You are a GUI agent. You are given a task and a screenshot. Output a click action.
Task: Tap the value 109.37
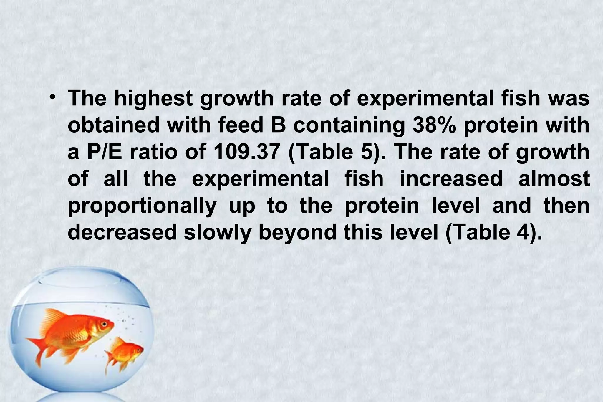click(x=246, y=152)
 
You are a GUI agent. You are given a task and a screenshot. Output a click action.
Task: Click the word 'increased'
click(x=451, y=179)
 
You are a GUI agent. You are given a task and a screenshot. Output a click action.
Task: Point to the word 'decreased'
click(x=122, y=232)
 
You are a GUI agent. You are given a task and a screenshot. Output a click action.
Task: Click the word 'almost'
click(x=554, y=179)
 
